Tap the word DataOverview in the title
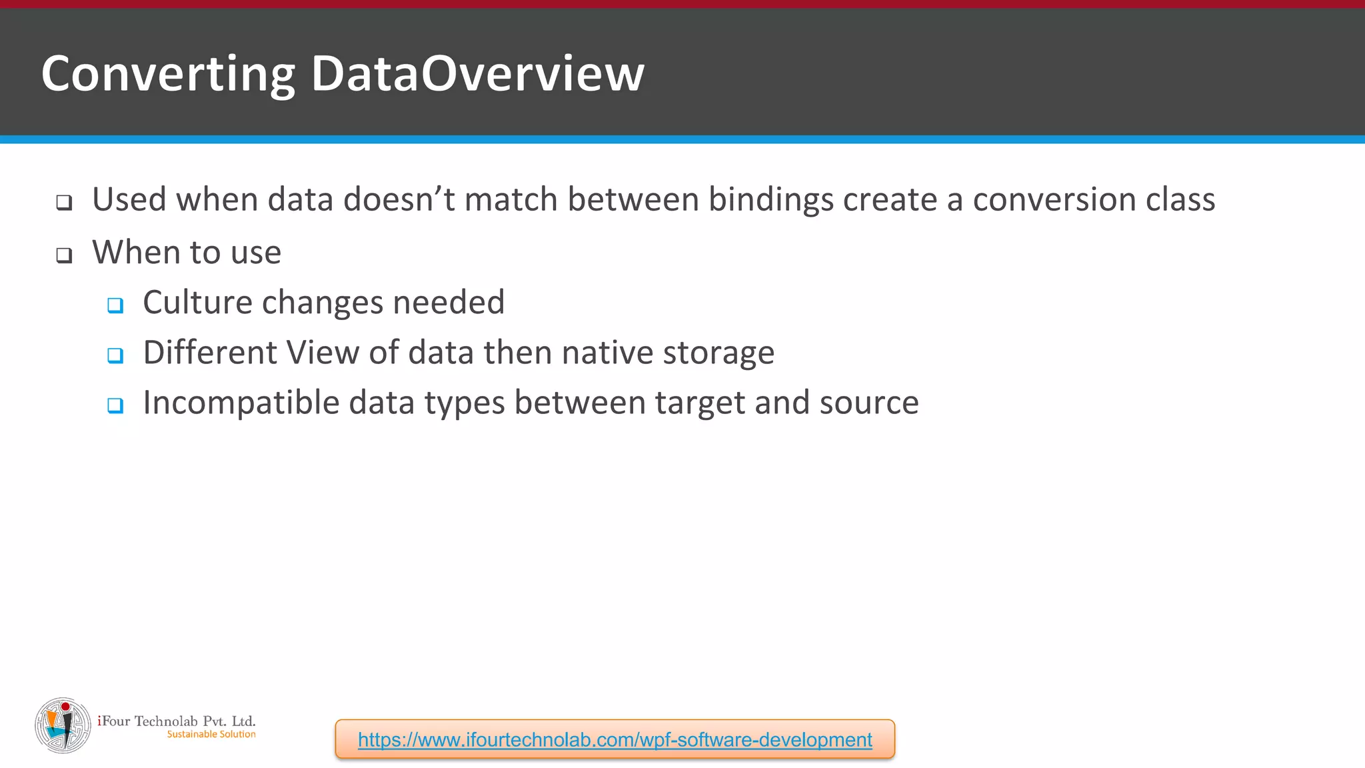(x=477, y=73)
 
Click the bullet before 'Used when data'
(x=64, y=202)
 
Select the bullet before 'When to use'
(x=64, y=255)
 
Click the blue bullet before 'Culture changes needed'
(x=115, y=305)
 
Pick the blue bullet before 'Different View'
(x=115, y=355)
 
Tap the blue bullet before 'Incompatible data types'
(x=115, y=405)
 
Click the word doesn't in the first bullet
(x=399, y=199)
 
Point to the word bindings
(x=770, y=199)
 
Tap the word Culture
(x=197, y=302)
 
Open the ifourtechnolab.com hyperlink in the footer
(x=615, y=739)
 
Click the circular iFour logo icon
(x=63, y=725)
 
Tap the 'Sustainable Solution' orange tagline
(x=211, y=734)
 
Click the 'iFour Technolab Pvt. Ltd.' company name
(x=177, y=721)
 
